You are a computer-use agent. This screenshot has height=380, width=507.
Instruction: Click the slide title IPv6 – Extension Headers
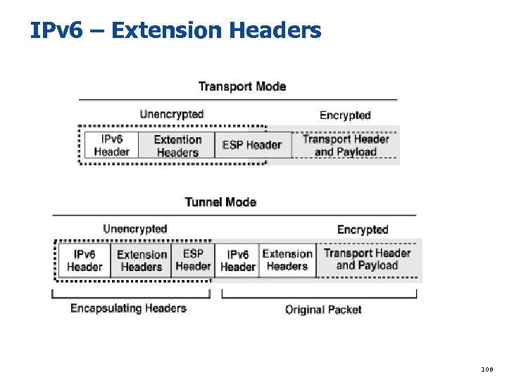click(x=175, y=30)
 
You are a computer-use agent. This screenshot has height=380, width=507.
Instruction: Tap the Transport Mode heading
click(x=242, y=87)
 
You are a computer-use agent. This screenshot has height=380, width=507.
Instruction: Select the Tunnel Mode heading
click(x=220, y=202)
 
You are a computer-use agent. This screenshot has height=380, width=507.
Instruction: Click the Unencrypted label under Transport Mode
click(x=171, y=114)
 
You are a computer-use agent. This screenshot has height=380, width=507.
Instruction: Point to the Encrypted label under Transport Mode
click(x=344, y=115)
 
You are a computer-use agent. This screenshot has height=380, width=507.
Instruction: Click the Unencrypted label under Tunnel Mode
click(x=134, y=229)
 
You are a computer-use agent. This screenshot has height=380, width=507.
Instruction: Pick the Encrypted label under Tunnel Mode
click(x=362, y=229)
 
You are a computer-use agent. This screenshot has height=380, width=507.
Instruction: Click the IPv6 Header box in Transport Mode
click(x=111, y=145)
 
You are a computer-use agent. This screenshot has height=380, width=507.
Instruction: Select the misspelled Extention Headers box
click(x=177, y=146)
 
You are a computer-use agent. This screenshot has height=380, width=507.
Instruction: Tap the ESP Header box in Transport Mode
click(x=251, y=145)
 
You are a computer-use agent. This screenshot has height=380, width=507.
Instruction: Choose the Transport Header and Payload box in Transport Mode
click(x=345, y=145)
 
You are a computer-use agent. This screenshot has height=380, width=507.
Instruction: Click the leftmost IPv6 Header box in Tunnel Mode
click(x=84, y=260)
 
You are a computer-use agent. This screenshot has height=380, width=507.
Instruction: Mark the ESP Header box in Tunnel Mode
click(x=193, y=260)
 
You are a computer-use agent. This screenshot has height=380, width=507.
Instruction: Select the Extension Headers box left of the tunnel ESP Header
click(x=142, y=260)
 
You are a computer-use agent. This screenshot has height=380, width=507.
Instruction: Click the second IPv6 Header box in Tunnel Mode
click(x=237, y=260)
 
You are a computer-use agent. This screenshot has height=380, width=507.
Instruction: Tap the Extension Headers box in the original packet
click(x=287, y=260)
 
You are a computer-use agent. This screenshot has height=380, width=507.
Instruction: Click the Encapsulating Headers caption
click(x=128, y=308)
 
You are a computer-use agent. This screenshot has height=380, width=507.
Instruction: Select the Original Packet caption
click(x=323, y=310)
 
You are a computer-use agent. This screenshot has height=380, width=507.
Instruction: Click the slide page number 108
click(x=487, y=368)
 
